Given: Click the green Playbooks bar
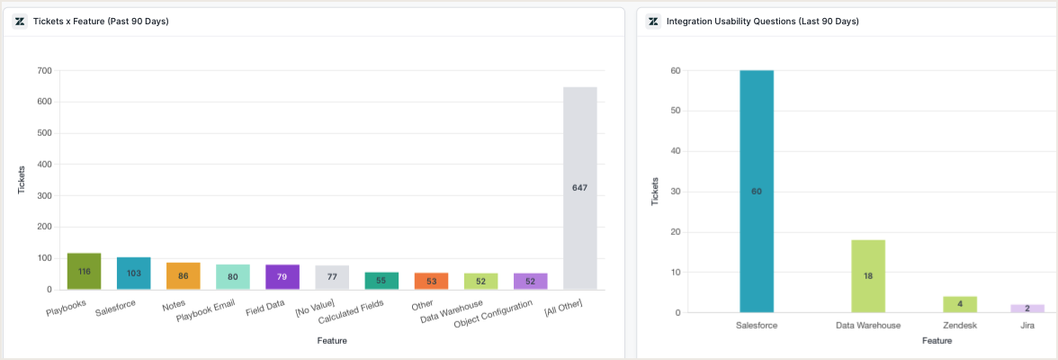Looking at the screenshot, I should (x=84, y=271).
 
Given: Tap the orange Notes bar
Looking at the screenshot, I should (x=184, y=276).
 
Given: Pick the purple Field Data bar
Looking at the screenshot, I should (x=282, y=277).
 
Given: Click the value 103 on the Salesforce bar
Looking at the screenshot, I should (x=134, y=274).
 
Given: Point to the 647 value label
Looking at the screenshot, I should (x=580, y=187).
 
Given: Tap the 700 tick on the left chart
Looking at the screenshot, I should (x=44, y=70).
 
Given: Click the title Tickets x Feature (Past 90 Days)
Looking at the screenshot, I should (x=101, y=22).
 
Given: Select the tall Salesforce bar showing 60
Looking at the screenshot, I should (x=757, y=191).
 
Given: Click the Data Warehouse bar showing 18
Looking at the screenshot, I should (x=868, y=276).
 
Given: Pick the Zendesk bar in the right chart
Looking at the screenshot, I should (x=960, y=304).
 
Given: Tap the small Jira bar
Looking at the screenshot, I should (x=1027, y=309).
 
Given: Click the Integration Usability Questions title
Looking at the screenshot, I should (x=762, y=22).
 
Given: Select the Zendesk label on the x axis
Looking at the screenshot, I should (x=960, y=325).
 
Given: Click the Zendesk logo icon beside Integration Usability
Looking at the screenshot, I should (x=653, y=22).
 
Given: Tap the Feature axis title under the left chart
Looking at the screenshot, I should (x=332, y=341).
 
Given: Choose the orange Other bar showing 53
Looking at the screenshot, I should (x=431, y=281).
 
